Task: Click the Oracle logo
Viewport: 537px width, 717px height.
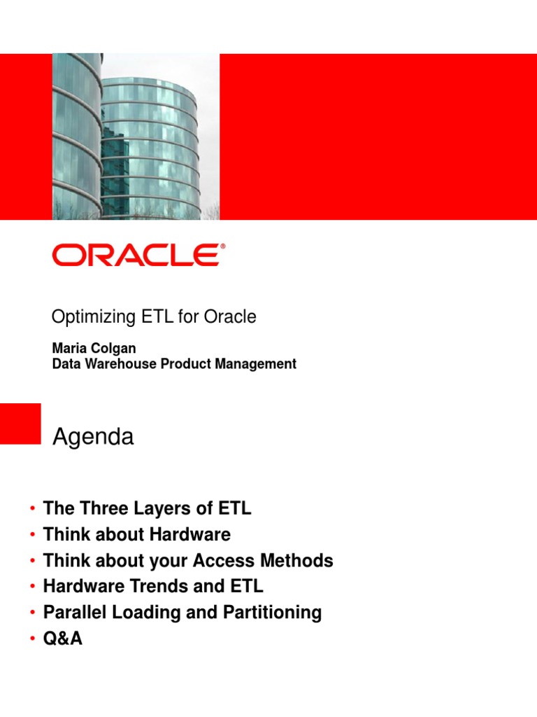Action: tap(136, 255)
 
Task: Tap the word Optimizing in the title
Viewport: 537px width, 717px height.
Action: tap(89, 317)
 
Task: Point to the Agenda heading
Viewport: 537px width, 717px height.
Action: tap(94, 438)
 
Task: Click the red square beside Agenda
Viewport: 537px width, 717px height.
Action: tap(20, 423)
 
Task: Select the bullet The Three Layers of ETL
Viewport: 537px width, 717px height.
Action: tap(147, 509)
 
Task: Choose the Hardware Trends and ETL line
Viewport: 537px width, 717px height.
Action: tap(153, 586)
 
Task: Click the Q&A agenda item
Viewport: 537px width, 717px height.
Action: tap(63, 639)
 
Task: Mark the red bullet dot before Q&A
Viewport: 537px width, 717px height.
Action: tap(31, 639)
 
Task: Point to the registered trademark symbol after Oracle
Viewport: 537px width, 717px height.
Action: tap(223, 246)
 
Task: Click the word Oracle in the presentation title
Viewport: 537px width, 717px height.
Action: tap(230, 317)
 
